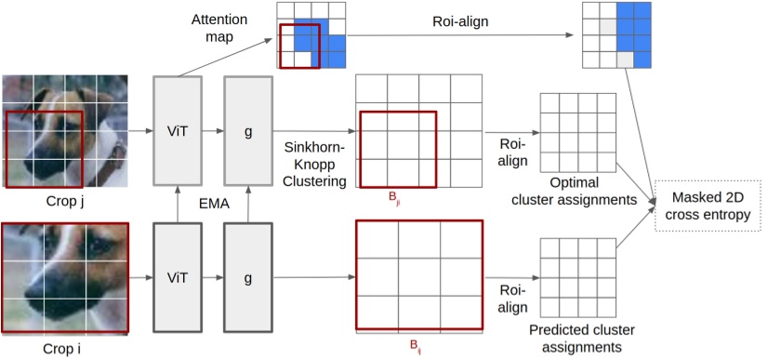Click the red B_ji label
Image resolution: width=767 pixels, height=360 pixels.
click(x=396, y=198)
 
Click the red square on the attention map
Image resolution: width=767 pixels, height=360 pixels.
click(x=300, y=47)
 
